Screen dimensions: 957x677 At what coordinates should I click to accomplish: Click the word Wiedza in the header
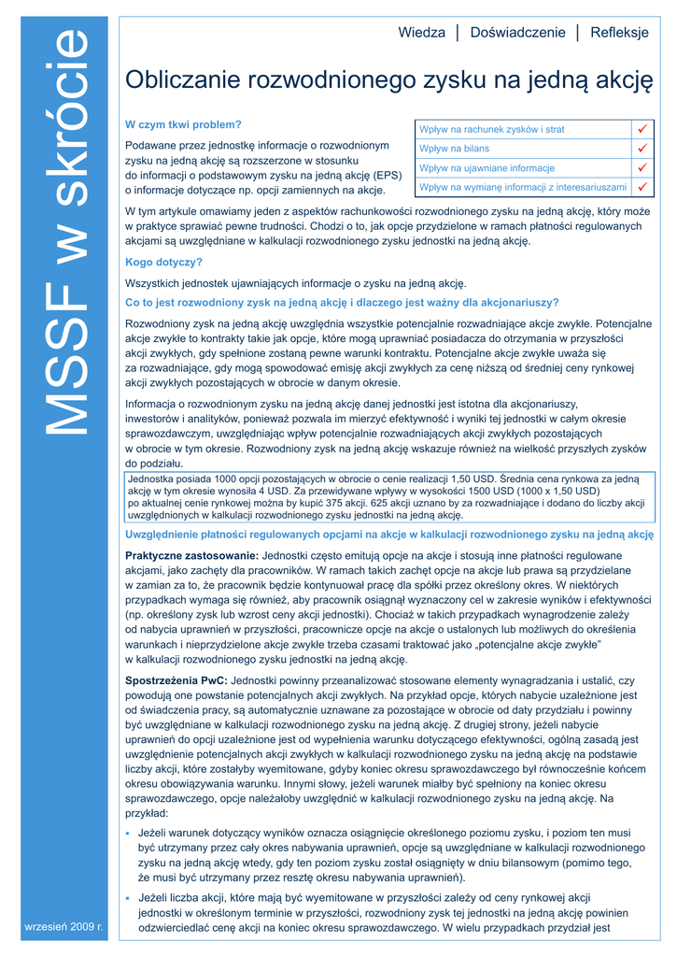(421, 33)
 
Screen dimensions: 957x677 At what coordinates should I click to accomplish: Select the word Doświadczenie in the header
(517, 33)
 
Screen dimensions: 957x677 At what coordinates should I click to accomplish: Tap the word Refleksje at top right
(619, 33)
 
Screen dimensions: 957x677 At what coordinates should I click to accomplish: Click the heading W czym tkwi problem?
(183, 124)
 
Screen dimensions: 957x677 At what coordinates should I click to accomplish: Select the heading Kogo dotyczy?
(163, 263)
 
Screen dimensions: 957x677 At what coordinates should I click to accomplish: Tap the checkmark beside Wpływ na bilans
(642, 149)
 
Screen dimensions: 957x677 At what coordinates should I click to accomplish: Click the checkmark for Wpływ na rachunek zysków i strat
(642, 129)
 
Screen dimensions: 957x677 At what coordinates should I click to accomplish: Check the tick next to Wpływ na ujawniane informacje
(642, 168)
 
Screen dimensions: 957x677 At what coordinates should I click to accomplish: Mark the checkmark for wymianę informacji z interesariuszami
(642, 187)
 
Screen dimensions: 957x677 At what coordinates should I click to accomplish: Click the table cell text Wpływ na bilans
(455, 149)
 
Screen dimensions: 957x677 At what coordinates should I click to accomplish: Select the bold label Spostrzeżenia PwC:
(176, 680)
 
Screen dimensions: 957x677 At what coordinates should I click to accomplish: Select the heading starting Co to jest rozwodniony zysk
(342, 302)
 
